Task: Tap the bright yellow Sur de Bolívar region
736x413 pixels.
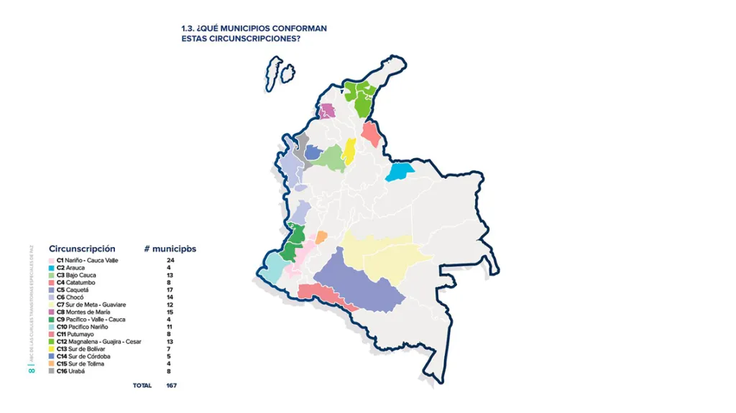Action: (x=349, y=151)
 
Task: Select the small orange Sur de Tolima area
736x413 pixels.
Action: (x=321, y=237)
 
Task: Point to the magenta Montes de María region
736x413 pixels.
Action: (x=327, y=111)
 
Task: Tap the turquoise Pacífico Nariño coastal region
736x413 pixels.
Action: (x=274, y=267)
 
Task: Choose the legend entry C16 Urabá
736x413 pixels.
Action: (x=70, y=371)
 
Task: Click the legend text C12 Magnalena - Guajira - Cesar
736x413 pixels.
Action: (x=98, y=342)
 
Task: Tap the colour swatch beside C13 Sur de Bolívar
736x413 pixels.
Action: (x=51, y=349)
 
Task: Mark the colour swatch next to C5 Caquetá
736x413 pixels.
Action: (x=51, y=289)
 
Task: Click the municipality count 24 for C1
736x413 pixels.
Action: (x=170, y=260)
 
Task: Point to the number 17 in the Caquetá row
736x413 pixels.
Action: (x=170, y=289)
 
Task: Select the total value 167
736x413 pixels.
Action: (x=171, y=386)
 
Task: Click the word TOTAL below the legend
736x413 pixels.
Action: (x=142, y=386)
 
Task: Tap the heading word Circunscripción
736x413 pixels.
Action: (x=82, y=249)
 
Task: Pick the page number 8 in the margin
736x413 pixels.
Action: (x=30, y=371)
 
